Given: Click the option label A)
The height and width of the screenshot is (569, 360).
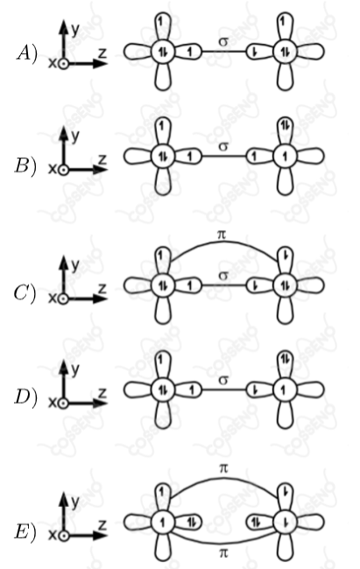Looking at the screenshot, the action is [x=27, y=54].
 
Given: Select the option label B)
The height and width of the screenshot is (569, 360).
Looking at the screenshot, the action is [x=25, y=165].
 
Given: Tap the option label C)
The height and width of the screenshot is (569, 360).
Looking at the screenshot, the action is [x=25, y=293].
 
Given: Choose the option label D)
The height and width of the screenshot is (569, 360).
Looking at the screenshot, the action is [x=25, y=397].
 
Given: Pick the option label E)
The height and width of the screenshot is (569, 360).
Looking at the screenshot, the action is [x=25, y=532].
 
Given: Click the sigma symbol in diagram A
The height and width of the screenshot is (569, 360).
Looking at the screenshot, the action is [x=223, y=42].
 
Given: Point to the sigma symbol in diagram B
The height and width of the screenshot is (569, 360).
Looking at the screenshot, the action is [x=223, y=146].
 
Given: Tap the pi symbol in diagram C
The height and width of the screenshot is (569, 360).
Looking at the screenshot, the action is [x=222, y=235].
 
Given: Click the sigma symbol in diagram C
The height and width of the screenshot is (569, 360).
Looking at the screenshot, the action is [x=223, y=276].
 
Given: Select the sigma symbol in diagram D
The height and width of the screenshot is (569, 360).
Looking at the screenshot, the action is [x=223, y=380].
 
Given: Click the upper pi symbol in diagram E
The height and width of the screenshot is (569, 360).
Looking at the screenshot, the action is [x=223, y=468].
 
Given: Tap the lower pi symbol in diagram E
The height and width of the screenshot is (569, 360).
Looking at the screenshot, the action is [x=223, y=552].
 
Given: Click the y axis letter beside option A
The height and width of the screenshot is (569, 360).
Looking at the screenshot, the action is [x=75, y=30].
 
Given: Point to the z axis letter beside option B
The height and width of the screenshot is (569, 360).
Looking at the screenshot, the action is [x=102, y=160].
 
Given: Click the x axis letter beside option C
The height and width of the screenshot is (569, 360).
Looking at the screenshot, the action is [x=53, y=299].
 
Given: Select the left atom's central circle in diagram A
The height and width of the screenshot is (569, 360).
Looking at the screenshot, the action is [x=163, y=52].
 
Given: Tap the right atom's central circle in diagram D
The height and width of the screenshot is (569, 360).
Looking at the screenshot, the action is [x=285, y=390].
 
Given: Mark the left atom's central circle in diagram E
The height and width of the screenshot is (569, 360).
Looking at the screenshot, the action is [x=163, y=523].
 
